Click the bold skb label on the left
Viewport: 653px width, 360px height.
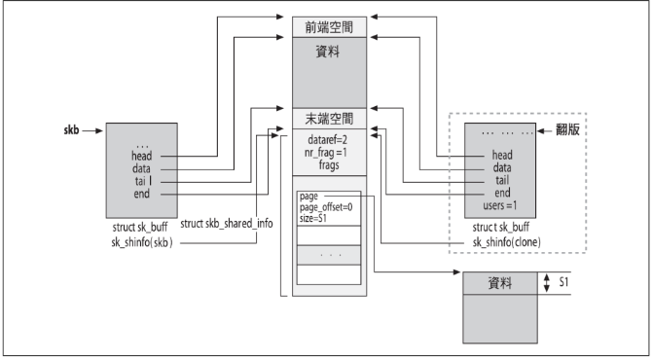point(70,127)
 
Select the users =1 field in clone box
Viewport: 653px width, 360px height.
point(507,204)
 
